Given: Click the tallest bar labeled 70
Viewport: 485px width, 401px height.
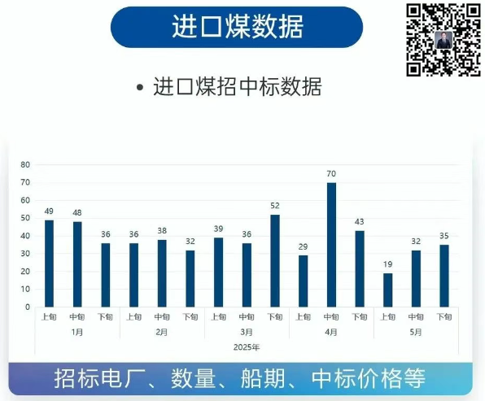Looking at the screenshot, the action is pos(331,245).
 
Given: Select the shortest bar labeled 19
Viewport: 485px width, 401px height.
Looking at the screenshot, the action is pos(387,290).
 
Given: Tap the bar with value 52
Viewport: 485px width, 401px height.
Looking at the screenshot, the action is pos(275,260).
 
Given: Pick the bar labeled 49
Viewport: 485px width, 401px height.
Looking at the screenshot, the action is pos(49,264).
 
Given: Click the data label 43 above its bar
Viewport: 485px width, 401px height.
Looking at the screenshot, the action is pos(360,222).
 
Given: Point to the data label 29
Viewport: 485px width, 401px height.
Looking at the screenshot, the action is pos(303,246).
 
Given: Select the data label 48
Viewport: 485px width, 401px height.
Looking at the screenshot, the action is pos(77,213).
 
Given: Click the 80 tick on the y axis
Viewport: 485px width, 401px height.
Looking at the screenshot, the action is pos(25,165).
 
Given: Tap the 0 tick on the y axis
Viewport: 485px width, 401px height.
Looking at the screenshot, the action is pos(28,307).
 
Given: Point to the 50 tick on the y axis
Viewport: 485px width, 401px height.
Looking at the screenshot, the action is pos(25,218).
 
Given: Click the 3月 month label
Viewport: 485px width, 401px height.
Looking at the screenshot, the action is pos(247,333).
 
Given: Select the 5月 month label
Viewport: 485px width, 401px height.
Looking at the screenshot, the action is pos(416,333).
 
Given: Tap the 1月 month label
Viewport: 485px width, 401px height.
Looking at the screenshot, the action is pos(77,333).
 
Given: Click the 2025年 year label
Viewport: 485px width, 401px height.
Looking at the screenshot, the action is pos(247,347).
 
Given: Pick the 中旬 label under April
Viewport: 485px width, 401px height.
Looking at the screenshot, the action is pos(331,317).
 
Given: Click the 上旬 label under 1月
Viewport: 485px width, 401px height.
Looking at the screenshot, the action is pos(49,317).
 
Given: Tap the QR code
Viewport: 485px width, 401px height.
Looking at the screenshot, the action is pos(443,40).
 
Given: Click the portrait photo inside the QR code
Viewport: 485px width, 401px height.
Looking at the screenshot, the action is pos(443,40).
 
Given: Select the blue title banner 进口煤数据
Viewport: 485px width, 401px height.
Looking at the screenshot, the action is pos(237,27).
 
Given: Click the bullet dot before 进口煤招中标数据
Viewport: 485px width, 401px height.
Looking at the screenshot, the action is pos(140,87).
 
